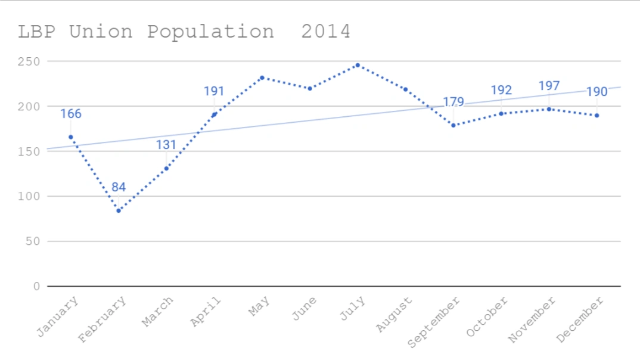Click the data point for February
coord(119,210)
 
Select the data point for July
coord(358,65)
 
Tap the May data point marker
coord(262,77)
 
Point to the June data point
coord(310,88)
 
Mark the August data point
coord(405,89)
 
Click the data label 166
coord(70,114)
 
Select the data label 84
coord(119,187)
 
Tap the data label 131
coord(166,145)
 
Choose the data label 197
coord(549,86)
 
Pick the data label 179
coord(453,102)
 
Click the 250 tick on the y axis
coord(29,61)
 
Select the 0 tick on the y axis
coord(36,286)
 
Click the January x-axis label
coord(58,317)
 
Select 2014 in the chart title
coord(325,31)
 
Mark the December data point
coord(596,115)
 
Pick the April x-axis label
coord(205,312)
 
